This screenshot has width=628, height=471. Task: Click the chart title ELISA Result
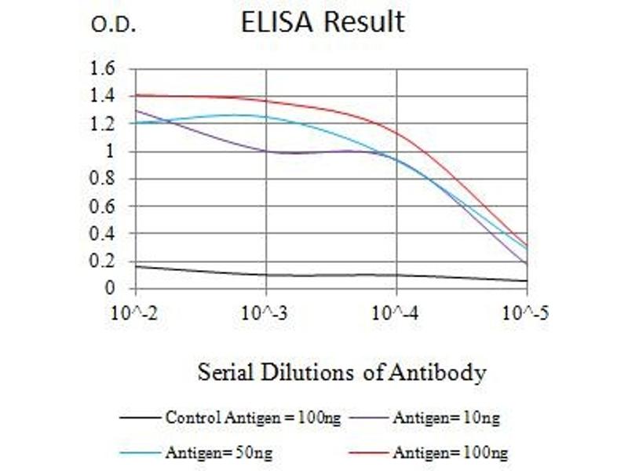click(323, 22)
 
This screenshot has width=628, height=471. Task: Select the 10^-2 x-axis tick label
click(136, 314)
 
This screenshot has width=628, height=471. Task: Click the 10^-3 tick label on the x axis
click(266, 314)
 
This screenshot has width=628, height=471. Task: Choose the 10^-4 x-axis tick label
click(396, 314)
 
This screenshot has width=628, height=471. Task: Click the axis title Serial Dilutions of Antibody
click(341, 371)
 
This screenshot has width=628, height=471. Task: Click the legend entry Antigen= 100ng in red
click(450, 452)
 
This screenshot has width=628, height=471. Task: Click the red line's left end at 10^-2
click(137, 95)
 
